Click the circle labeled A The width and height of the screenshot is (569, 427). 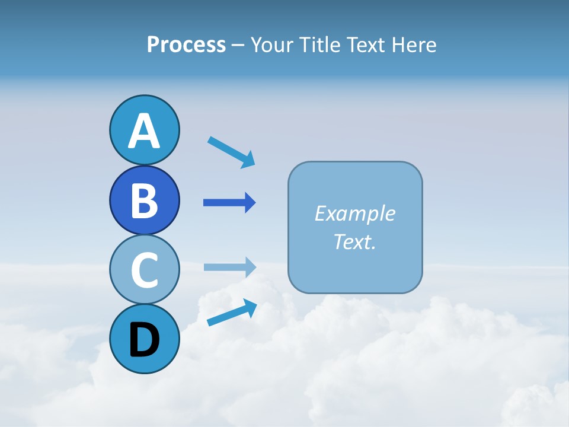pos(144,130)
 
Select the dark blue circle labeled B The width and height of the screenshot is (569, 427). pos(144,200)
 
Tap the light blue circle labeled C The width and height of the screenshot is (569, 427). pos(144,269)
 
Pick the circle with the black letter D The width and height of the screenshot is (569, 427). pos(144,339)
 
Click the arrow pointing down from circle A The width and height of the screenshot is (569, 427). pos(231,151)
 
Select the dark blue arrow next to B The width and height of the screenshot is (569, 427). pos(229,203)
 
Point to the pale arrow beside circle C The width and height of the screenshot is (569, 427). pos(229,267)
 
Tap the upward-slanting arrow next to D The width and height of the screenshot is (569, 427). pos(232,312)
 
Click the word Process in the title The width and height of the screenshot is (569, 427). pos(186,44)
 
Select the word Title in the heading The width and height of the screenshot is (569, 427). pos(318,44)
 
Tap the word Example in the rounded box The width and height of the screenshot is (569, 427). pos(354,213)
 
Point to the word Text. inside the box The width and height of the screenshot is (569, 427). pos(354,241)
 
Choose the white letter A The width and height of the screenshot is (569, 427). pos(144,131)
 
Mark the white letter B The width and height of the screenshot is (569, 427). pos(144,200)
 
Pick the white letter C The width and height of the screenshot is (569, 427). pos(144,270)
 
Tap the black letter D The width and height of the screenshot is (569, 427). pos(144,339)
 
